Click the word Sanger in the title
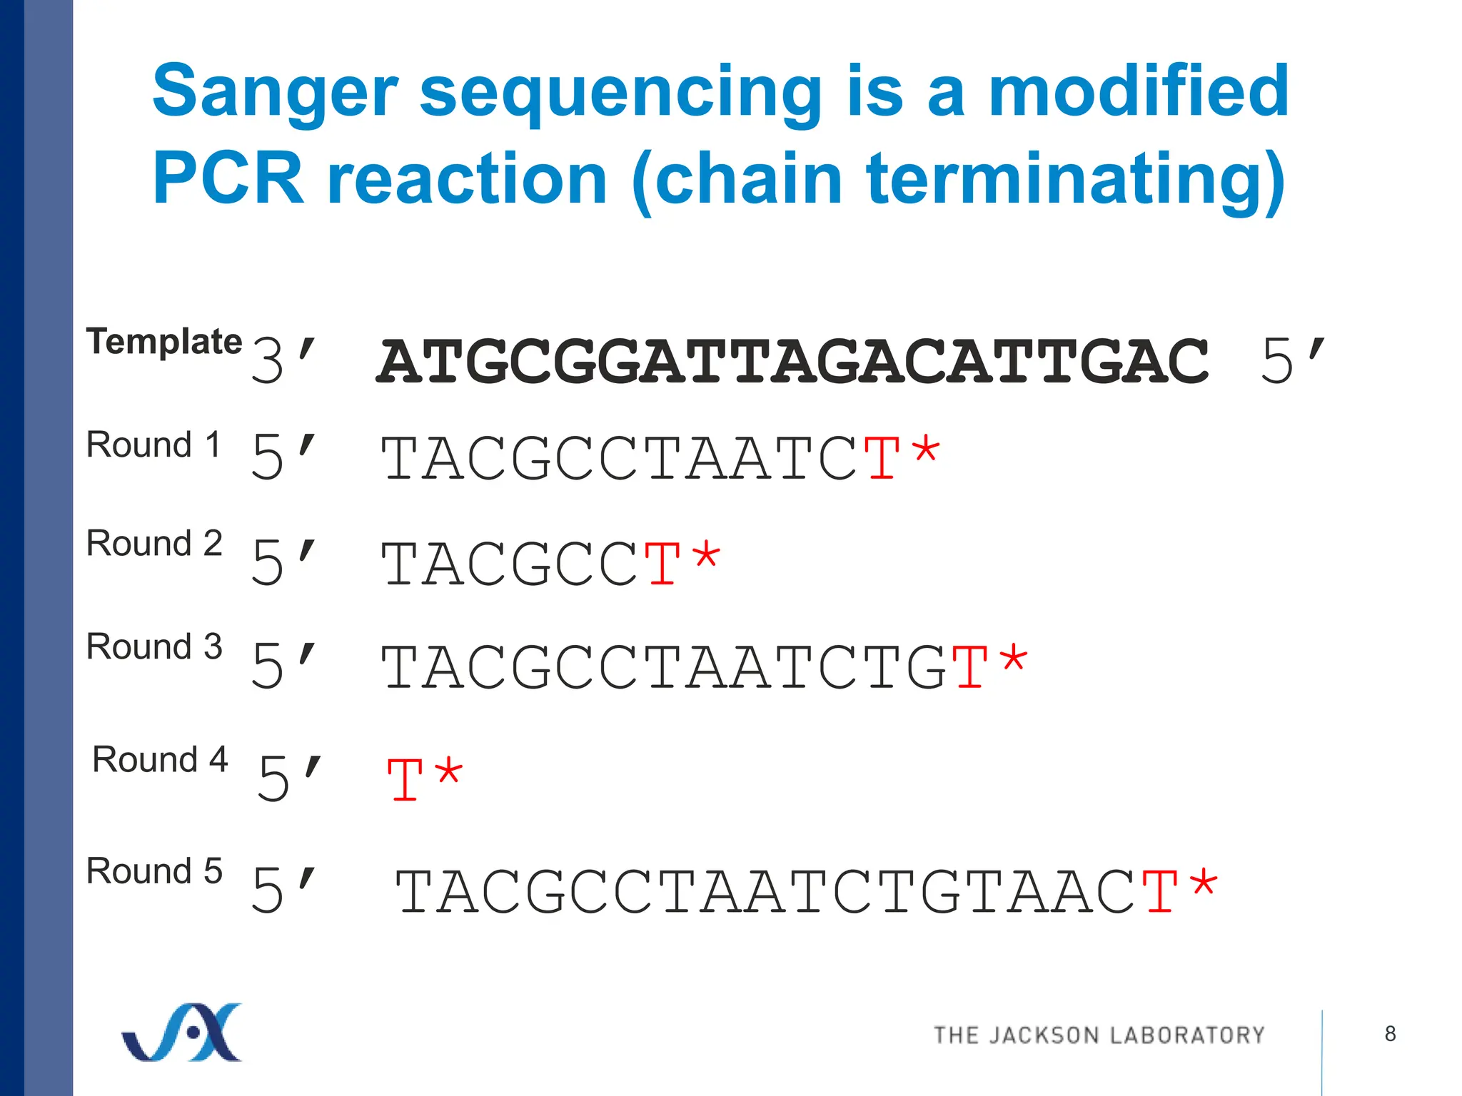click(275, 93)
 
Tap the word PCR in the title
click(228, 179)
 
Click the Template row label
click(163, 341)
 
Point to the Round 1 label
click(153, 445)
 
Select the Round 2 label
click(154, 543)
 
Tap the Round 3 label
click(154, 646)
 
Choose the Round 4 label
click(160, 759)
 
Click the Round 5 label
click(154, 871)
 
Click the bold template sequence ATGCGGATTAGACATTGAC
click(792, 362)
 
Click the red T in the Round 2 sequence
click(662, 564)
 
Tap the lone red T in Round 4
click(405, 780)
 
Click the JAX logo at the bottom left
click(183, 1032)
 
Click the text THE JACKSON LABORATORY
click(1099, 1035)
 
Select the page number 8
click(1390, 1033)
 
